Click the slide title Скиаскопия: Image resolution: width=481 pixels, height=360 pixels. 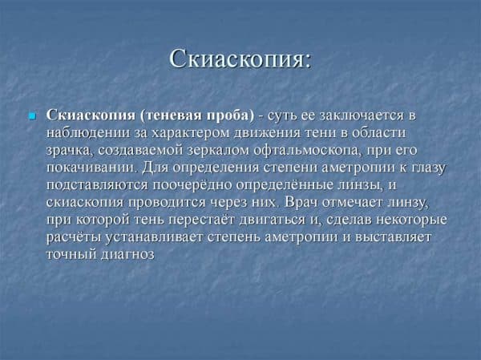pyautogui.click(x=240, y=59)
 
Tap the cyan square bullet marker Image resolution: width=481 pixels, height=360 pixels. pyautogui.click(x=32, y=116)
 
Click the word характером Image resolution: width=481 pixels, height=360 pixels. pyautogui.click(x=191, y=133)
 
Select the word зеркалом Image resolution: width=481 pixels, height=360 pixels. pyautogui.click(x=218, y=151)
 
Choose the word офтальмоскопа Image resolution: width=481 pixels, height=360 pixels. pyautogui.click(x=308, y=151)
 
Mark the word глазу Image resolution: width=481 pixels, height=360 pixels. pyautogui.click(x=426, y=168)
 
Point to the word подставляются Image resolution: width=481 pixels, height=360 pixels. pyautogui.click(x=97, y=185)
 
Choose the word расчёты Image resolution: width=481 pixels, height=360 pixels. pyautogui.click(x=73, y=237)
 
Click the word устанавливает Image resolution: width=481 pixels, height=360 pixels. pyautogui.click(x=154, y=237)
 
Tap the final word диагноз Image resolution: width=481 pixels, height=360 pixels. pyautogui.click(x=127, y=255)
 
